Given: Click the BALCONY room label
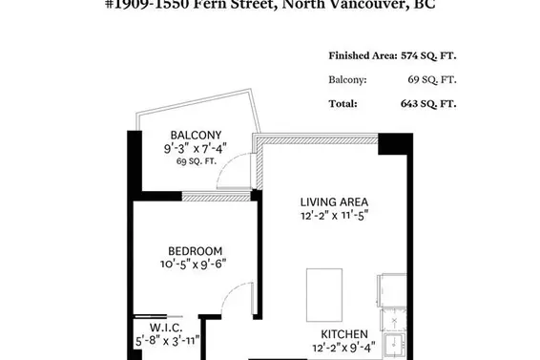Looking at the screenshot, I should pyautogui.click(x=196, y=135).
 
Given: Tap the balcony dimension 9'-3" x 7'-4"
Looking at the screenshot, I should pyautogui.click(x=194, y=149).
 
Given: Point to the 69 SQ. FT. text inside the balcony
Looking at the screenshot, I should pyautogui.click(x=196, y=162).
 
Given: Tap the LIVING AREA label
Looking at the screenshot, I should pyautogui.click(x=334, y=201).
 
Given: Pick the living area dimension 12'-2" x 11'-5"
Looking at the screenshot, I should pyautogui.click(x=334, y=216).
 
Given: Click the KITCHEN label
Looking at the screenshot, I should pyautogui.click(x=345, y=334).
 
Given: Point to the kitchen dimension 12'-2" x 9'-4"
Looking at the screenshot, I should pyautogui.click(x=345, y=349).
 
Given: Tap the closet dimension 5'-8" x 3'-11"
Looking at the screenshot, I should pyautogui.click(x=164, y=337).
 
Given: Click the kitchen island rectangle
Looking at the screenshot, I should pyautogui.click(x=323, y=294).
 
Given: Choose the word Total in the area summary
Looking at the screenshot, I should pyautogui.click(x=343, y=103).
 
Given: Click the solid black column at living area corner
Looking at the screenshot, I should pyautogui.click(x=392, y=143).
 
